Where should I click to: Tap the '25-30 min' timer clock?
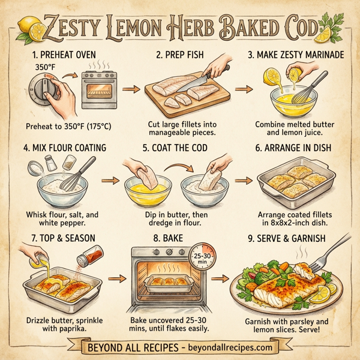[x=204, y=259]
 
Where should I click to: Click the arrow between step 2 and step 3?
[x=243, y=90]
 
